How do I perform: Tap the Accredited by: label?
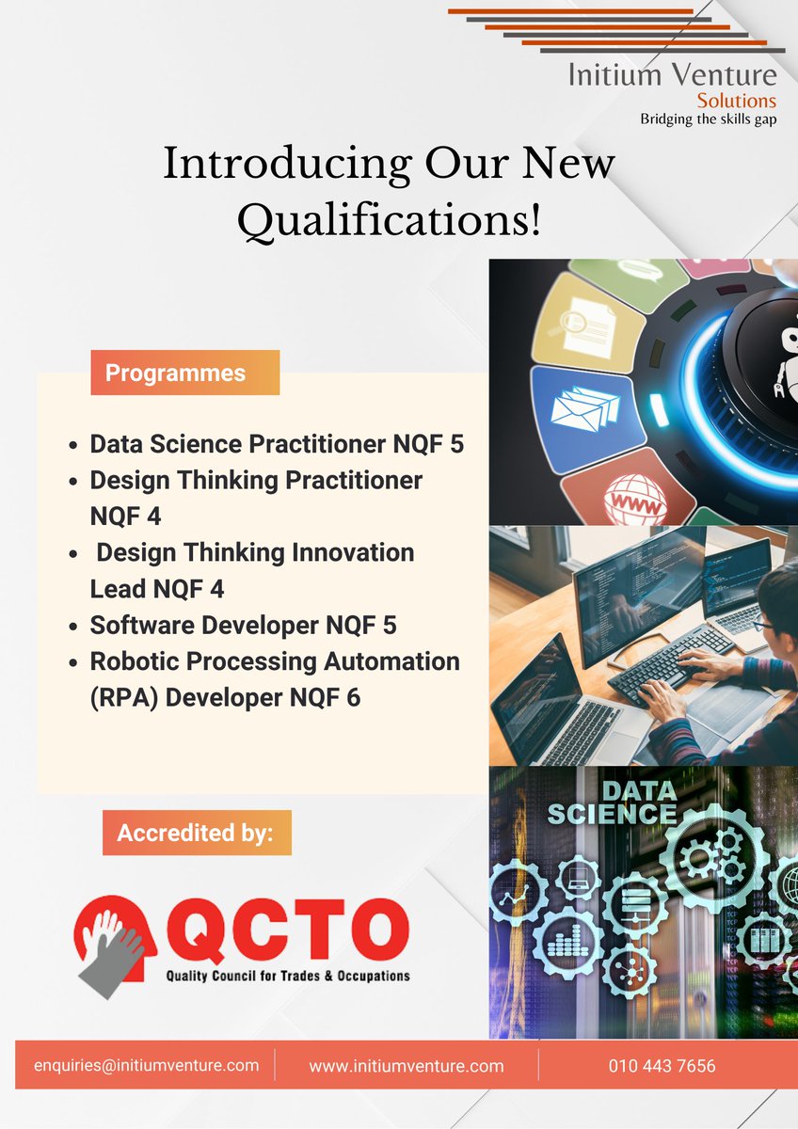[x=196, y=833]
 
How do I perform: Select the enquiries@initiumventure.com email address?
[x=146, y=1065]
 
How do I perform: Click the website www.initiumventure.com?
[x=407, y=1066]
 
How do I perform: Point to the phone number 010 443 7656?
[x=662, y=1066]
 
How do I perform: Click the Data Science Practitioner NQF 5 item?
[x=277, y=444]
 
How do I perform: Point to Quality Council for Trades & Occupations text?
[x=288, y=976]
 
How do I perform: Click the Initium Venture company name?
[x=672, y=75]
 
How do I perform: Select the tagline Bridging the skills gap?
[x=708, y=119]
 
